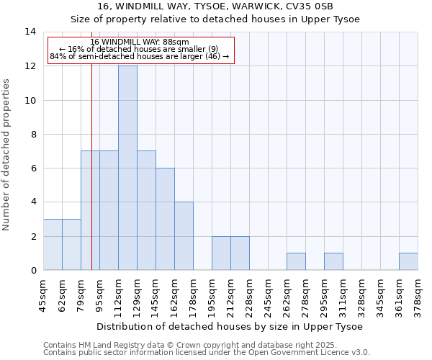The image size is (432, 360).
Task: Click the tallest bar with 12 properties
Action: (127, 168)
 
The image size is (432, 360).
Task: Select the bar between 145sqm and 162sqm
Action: (165, 219)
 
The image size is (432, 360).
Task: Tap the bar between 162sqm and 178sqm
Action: (184, 236)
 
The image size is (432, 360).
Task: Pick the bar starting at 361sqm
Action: (408, 261)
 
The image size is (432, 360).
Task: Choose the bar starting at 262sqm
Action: (296, 261)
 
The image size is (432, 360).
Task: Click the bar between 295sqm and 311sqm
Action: (333, 261)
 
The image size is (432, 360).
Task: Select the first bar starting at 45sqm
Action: (53, 244)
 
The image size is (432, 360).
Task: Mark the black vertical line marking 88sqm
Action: (91, 180)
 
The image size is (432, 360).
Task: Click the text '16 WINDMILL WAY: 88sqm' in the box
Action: (140, 42)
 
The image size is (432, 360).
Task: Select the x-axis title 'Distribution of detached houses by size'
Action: (229, 326)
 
